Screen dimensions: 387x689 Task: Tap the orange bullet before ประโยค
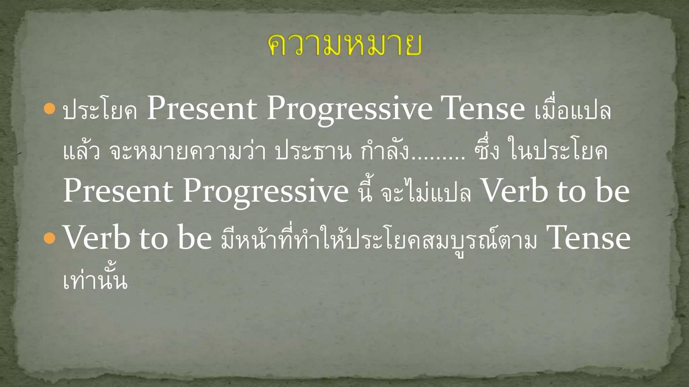click(x=49, y=109)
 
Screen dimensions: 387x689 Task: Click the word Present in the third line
click(x=118, y=191)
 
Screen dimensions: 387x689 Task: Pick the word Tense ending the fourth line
click(x=588, y=238)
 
